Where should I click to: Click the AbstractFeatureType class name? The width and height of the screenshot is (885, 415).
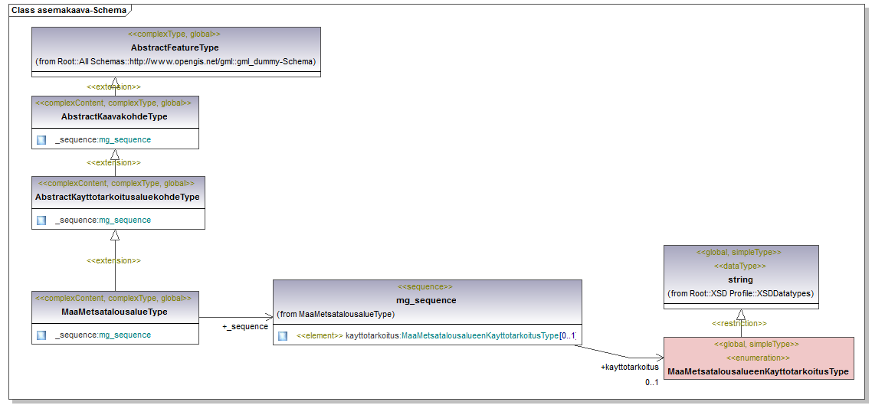point(175,47)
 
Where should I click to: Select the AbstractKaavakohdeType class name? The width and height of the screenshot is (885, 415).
point(114,116)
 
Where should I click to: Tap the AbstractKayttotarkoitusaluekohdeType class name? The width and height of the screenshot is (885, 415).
point(117,197)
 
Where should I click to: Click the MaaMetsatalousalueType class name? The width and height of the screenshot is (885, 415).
point(114,312)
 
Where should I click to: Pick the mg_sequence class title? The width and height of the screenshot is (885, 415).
point(426,300)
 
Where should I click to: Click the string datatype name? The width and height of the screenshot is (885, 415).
point(740,279)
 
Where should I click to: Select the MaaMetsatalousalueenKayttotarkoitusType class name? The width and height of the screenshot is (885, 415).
point(758,371)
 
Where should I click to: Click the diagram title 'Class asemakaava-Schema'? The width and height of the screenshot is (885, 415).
point(69,10)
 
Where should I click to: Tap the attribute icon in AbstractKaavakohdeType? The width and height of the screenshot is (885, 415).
point(41,140)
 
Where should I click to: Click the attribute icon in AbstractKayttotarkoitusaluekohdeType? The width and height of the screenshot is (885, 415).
point(41,221)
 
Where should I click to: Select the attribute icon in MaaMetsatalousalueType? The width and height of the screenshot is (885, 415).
point(41,335)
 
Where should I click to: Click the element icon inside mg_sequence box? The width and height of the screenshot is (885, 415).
point(283,336)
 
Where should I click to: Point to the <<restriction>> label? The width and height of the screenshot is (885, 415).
point(739,323)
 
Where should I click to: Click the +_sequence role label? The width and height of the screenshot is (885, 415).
point(245,326)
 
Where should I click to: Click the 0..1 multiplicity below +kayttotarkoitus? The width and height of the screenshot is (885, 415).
point(651,382)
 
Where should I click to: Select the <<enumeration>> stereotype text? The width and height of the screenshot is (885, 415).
point(757,358)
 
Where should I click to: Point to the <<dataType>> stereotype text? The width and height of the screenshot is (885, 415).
point(740,266)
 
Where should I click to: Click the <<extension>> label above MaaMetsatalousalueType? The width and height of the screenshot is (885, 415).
point(113,260)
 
